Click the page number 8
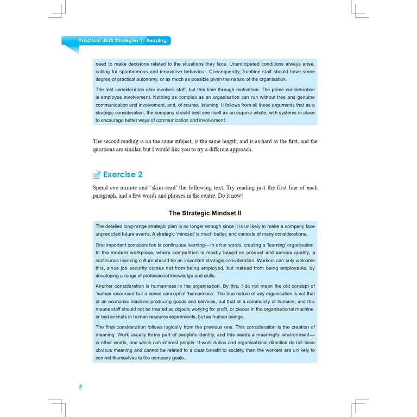click(x=80, y=387)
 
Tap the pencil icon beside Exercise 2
click(x=97, y=174)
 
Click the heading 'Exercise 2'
click(x=123, y=174)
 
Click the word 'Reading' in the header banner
click(x=156, y=41)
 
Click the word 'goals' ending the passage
click(x=175, y=358)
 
